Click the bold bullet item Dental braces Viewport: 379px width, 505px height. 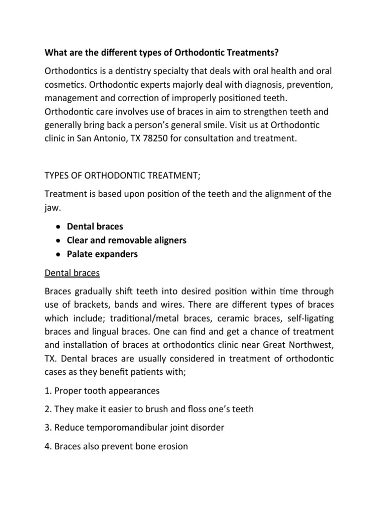click(x=95, y=226)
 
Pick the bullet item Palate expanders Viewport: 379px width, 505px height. click(x=103, y=254)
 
